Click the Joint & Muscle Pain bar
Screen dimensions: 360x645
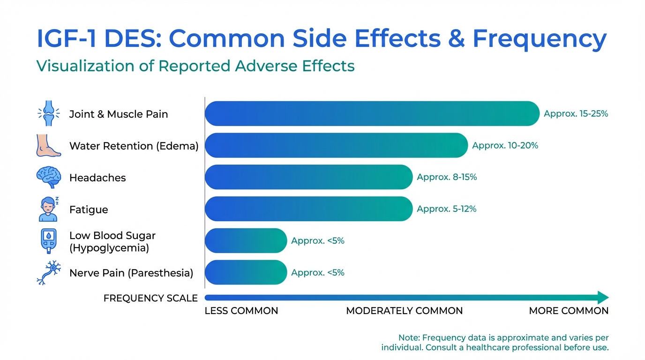[x=372, y=113]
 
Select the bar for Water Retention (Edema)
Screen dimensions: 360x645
[x=336, y=145]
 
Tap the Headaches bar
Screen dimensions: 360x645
[x=308, y=177]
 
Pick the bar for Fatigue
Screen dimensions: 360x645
[x=308, y=209]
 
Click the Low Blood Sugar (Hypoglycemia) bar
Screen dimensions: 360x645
[x=246, y=240]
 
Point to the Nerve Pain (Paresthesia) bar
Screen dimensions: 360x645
[x=246, y=272]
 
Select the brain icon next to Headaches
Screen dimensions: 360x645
[x=49, y=177]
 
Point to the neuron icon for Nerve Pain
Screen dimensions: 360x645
[x=49, y=272]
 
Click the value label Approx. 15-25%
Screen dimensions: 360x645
[x=576, y=113]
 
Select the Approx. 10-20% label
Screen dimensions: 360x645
[x=505, y=145]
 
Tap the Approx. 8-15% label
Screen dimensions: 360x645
[x=447, y=177]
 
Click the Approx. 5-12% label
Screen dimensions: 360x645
[x=446, y=209]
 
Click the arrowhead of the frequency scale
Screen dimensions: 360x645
[x=603, y=297]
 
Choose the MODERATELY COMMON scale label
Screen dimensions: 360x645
[x=404, y=311]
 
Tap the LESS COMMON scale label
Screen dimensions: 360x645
[x=241, y=311]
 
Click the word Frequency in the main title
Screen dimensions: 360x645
[x=539, y=39]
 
